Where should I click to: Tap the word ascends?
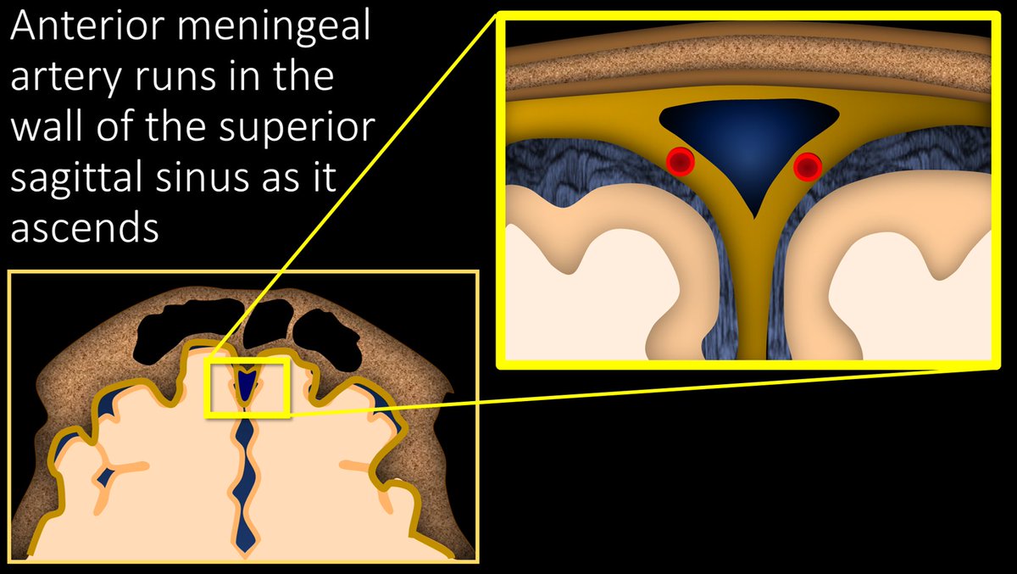[x=85, y=228]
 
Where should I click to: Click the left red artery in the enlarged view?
[x=680, y=161]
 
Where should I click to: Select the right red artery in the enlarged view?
[x=808, y=167]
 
